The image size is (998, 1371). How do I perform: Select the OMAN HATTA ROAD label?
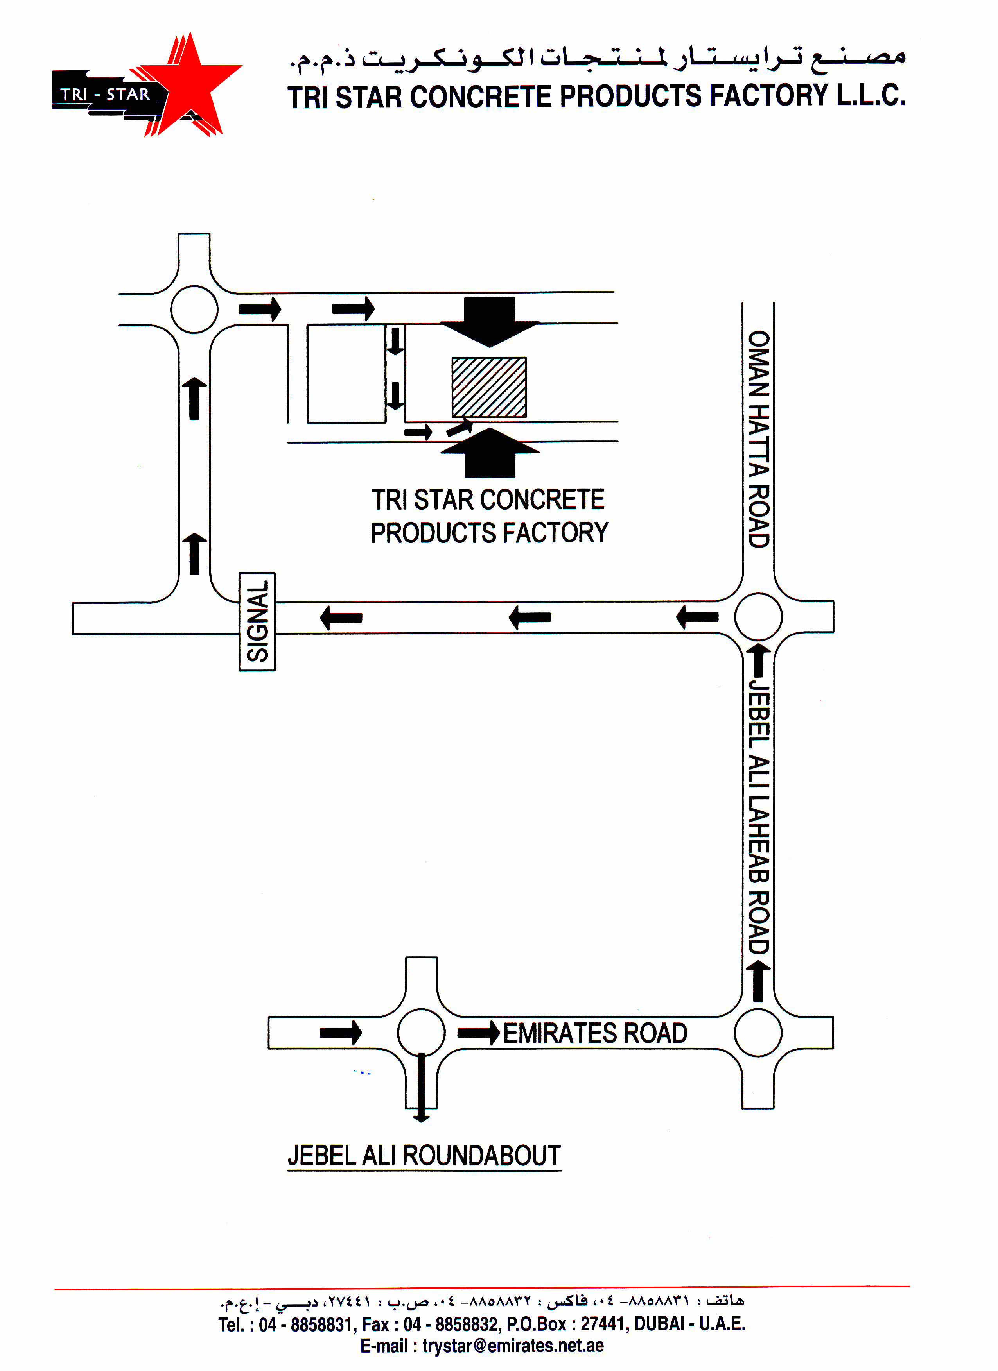pos(759,439)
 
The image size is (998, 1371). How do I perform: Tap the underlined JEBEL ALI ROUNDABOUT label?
pos(424,1155)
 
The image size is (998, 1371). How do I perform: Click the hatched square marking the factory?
pos(489,387)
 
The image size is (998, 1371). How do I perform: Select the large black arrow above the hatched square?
pos(489,322)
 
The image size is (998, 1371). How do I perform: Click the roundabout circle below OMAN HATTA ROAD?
pos(759,617)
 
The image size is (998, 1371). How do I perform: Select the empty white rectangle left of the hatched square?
pos(346,374)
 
